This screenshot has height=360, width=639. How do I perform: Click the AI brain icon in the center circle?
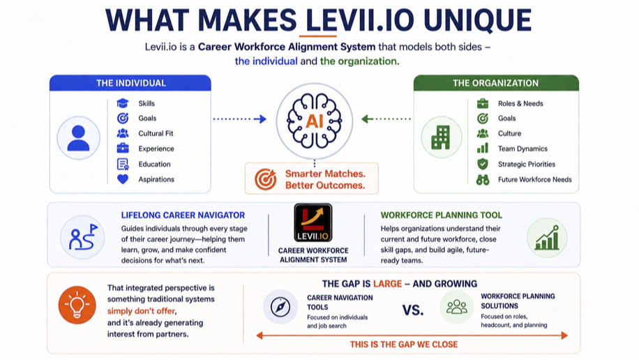point(314,120)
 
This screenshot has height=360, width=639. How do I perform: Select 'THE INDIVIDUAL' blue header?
point(130,83)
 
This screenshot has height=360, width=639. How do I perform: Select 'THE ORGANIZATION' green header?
point(495,83)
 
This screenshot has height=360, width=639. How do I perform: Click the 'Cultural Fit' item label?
point(156,133)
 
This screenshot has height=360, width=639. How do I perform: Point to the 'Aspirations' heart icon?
point(123,179)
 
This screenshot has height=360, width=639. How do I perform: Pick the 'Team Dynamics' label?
point(523,149)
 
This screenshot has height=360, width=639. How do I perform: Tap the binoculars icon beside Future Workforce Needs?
point(482,179)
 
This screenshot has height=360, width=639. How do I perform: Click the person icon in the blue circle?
point(78,137)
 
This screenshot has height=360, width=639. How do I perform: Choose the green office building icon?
point(441,137)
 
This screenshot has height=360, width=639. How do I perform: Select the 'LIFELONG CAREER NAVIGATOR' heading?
point(183,215)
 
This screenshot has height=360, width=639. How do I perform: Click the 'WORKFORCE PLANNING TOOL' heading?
point(441,215)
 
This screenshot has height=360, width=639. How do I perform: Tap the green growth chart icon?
point(546,237)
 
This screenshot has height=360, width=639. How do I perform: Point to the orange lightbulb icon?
point(77,305)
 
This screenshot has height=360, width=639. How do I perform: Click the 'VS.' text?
point(413,309)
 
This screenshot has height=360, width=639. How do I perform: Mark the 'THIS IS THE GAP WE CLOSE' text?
point(404,345)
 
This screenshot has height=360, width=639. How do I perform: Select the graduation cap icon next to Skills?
point(123,103)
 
